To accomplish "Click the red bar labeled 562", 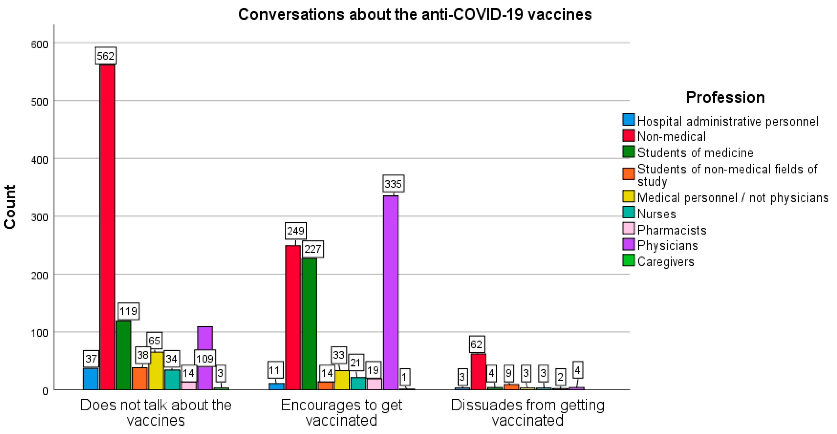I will point(107,227).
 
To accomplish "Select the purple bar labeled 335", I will point(390,292).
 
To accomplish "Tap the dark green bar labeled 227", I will point(309,325).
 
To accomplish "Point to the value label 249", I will point(295,231).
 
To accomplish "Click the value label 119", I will point(128,311).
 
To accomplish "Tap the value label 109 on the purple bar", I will point(205,359).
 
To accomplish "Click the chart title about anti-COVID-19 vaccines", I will point(415,15).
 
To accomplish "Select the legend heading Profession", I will point(725,97).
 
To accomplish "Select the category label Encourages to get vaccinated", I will point(341,413).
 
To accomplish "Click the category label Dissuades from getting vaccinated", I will point(527,413).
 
